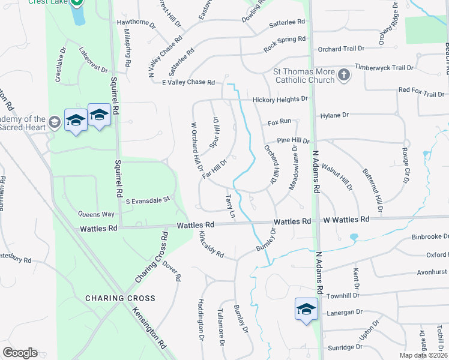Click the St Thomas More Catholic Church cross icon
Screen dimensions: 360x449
point(343,74)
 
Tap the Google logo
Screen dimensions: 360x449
point(20,353)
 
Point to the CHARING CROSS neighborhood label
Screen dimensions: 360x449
point(120,298)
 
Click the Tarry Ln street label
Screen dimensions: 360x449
point(229,206)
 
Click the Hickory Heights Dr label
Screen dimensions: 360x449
point(280,99)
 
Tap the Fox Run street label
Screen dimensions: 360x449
point(279,121)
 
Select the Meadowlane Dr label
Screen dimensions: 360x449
point(294,170)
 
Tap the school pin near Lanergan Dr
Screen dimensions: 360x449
point(306,310)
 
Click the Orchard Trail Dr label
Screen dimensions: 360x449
point(342,49)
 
